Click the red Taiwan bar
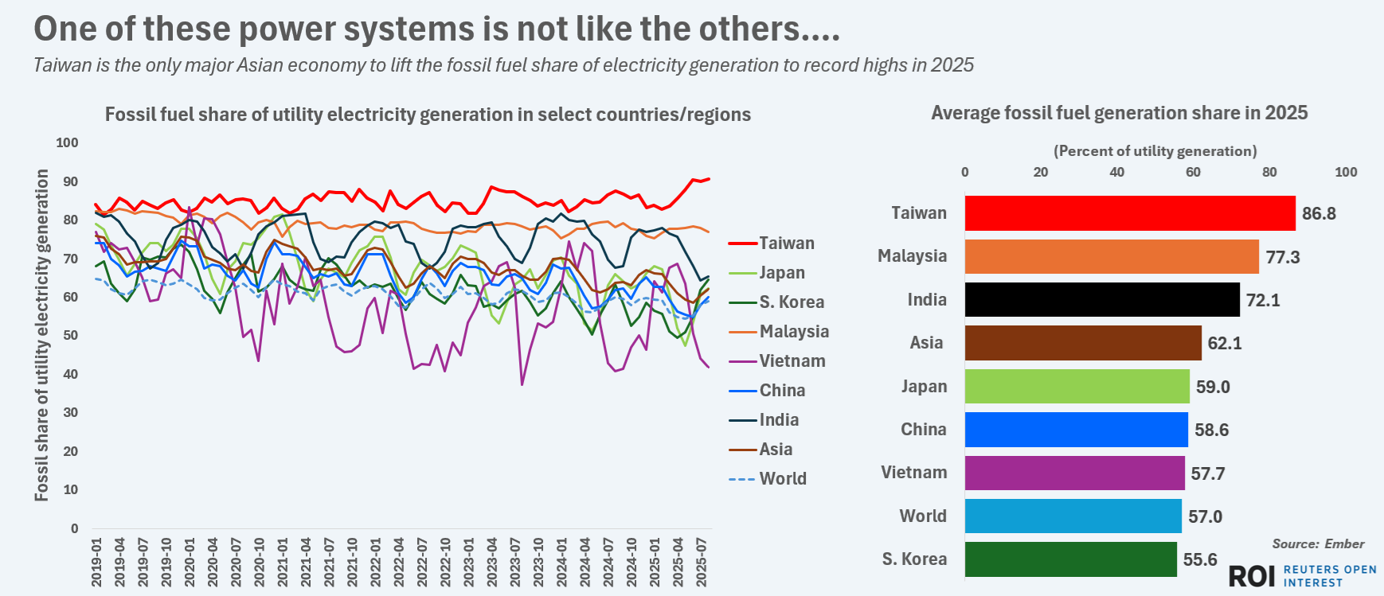tap(1129, 213)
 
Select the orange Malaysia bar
tap(1111, 256)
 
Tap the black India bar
tap(1101, 300)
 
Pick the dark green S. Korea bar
tap(1070, 559)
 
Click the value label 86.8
tap(1319, 213)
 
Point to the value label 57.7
tap(1207, 473)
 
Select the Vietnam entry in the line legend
tap(792, 360)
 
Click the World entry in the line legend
tap(782, 478)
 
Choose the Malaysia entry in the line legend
tap(793, 331)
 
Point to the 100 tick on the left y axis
tap(67, 142)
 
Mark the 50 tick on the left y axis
tap(71, 335)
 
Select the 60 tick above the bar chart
tap(1193, 172)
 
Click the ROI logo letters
tap(1252, 576)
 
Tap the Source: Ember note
tap(1318, 543)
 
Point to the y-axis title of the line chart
tap(41, 335)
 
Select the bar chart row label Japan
tap(924, 386)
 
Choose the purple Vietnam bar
tap(1074, 473)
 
